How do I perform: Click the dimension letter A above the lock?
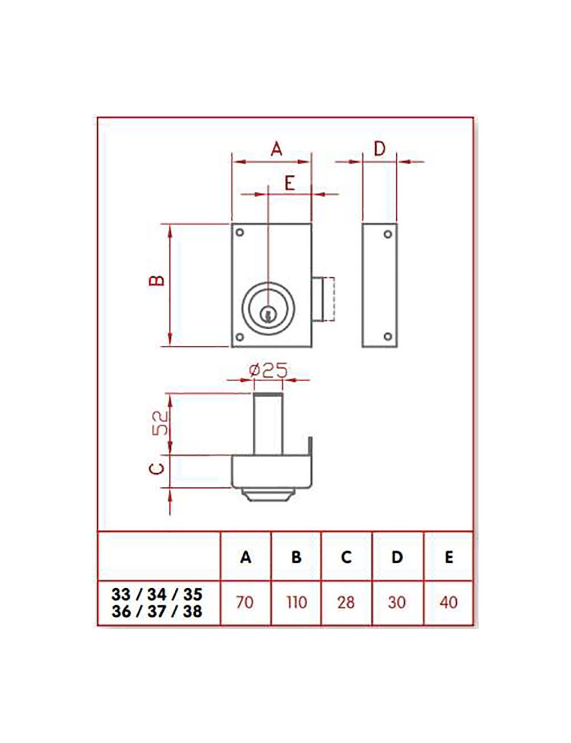pos(276,149)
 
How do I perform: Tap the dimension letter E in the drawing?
pos(289,183)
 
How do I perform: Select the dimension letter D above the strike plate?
pos(380,149)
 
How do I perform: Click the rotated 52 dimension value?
pos(162,424)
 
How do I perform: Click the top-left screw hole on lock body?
pos(240,233)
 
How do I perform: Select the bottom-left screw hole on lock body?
pos(240,337)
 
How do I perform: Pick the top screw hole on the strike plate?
pos(388,234)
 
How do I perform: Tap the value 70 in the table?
pos(244,602)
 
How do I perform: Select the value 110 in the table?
pos(296,602)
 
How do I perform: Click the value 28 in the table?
pos(346,602)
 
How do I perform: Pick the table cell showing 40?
pos(449,602)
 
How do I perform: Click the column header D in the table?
pos(397,557)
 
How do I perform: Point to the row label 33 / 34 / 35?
pos(157,594)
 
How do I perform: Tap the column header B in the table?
pos(296,557)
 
